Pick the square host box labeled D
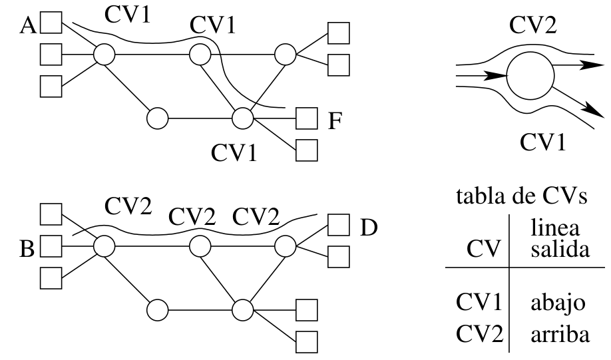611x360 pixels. click(x=339, y=227)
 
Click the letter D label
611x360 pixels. click(x=369, y=228)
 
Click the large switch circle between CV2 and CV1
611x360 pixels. click(x=530, y=77)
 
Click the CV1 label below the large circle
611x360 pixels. click(x=542, y=142)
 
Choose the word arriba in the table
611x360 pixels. click(x=560, y=334)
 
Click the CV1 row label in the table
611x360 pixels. click(x=478, y=303)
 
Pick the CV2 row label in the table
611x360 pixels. click(x=478, y=333)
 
